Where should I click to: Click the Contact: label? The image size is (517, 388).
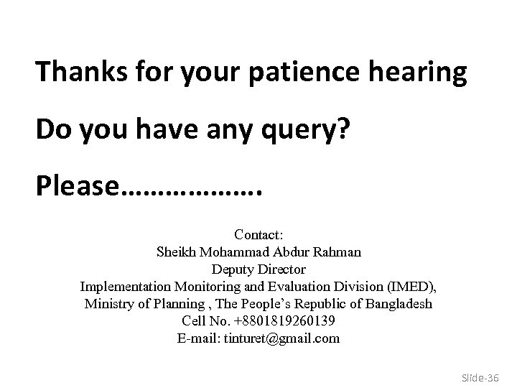pos(258,234)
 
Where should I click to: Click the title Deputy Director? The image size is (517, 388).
pos(258,269)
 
